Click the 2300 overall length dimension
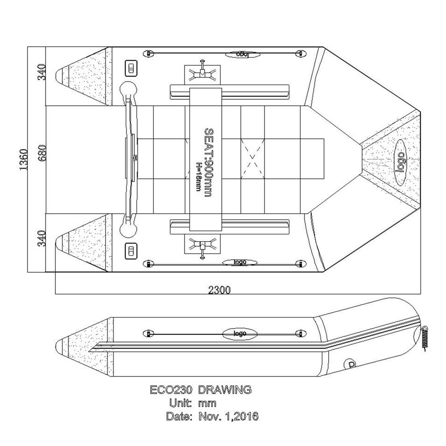[x=219, y=290]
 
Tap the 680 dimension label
[x=41, y=159]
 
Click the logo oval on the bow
[x=401, y=161]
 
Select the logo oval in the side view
[x=239, y=333]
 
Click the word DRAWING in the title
[x=224, y=390]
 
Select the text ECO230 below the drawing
[x=171, y=390]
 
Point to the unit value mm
[x=207, y=404]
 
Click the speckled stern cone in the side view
[x=85, y=345]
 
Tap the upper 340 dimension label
[x=41, y=72]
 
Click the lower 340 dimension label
[x=41, y=240]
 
